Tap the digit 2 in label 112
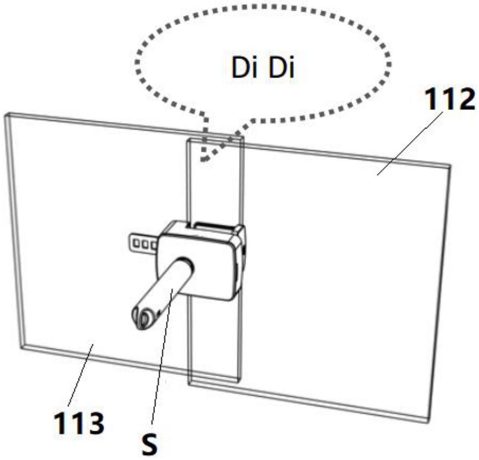pos(464,100)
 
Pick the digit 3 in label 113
pos(94,423)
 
